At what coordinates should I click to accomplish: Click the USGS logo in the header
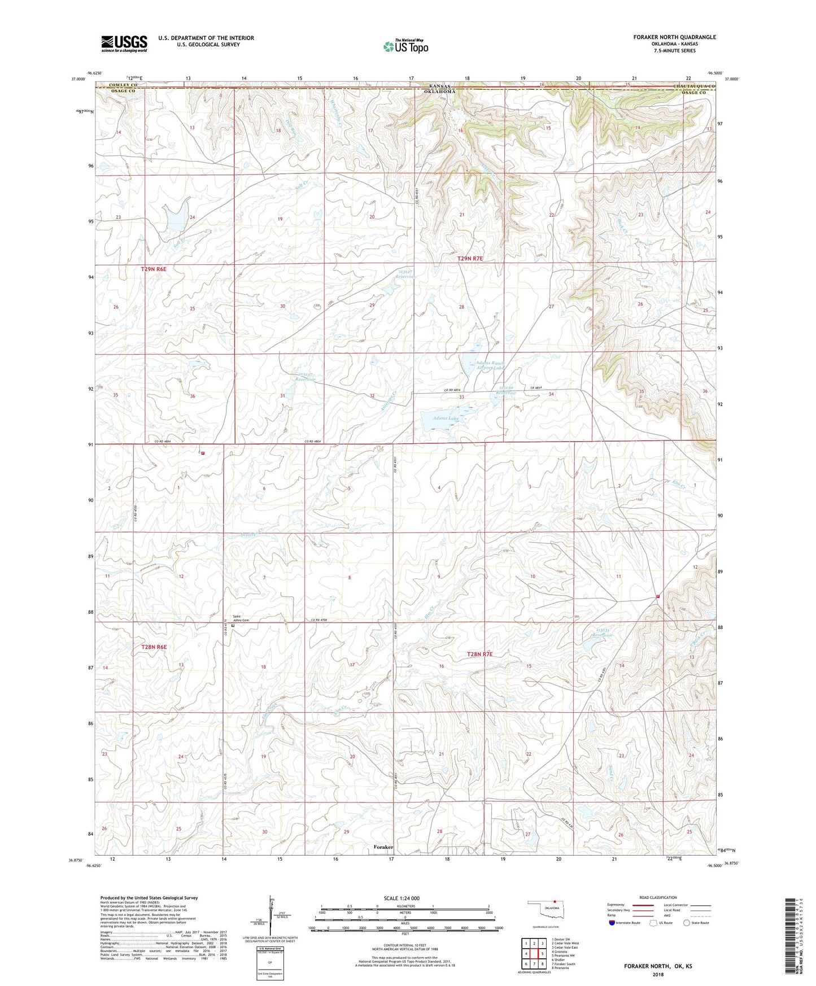(124, 43)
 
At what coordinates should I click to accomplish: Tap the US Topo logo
(405, 46)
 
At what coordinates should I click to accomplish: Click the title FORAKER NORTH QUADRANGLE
(674, 37)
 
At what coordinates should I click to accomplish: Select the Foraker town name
(383, 847)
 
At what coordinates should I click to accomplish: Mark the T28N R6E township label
(154, 647)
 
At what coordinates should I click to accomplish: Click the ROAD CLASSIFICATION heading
(658, 897)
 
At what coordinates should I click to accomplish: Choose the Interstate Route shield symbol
(612, 923)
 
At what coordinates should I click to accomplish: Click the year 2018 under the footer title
(658, 974)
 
